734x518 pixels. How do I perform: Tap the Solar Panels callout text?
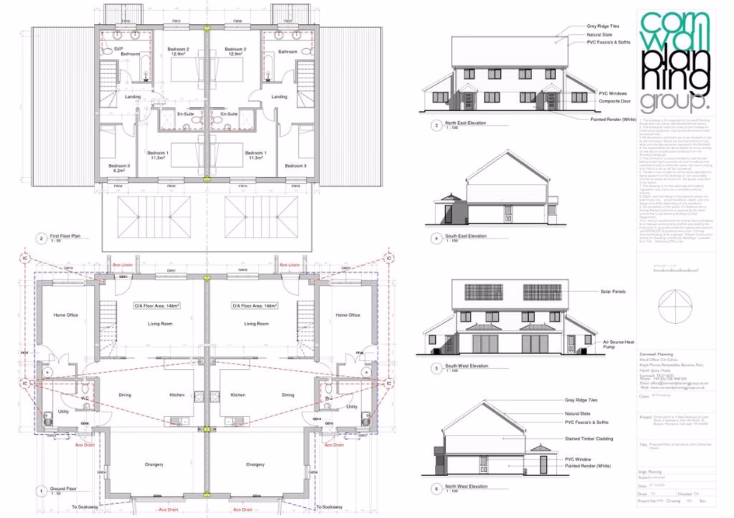612,292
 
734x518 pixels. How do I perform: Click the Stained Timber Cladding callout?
610,439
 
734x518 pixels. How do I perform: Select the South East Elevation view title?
467,235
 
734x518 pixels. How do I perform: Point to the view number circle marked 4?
437,238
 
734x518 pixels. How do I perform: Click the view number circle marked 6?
437,488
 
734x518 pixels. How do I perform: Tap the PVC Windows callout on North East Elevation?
612,92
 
